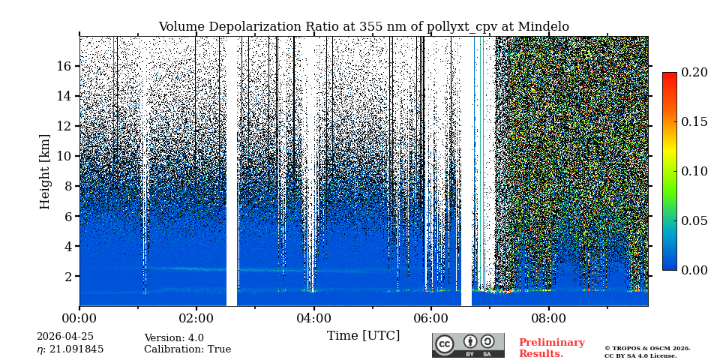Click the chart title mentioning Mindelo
pos(364,27)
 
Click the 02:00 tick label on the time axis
pos(196,319)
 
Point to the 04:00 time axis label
pos(313,319)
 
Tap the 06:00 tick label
pos(430,319)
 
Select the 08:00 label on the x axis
pos(548,319)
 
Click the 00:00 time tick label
pos(79,319)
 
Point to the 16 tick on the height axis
pos(63,66)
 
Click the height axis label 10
pos(63,156)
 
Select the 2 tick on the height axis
pos(67,276)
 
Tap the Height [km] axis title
pos(45,171)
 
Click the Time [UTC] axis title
pos(364,336)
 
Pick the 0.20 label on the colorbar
pos(694,73)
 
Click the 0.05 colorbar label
pos(694,220)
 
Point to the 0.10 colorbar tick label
pos(694,171)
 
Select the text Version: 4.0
pos(174,338)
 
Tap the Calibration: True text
pos(187,349)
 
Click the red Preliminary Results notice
pos(551,348)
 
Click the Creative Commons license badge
pos(468,345)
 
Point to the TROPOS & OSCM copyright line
pos(647,349)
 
